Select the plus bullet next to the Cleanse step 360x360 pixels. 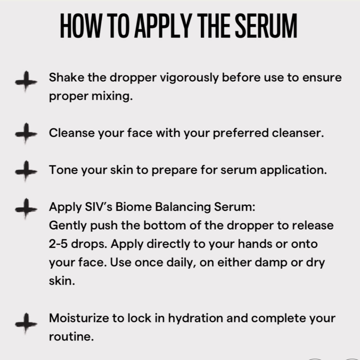pos(26,134)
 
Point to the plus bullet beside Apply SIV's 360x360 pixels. pos(26,208)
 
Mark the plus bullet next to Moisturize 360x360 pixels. pos(26,323)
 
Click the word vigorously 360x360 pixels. pos(189,78)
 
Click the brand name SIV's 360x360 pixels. pos(98,207)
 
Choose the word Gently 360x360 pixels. pos(68,226)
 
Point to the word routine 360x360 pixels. pos(71,336)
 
